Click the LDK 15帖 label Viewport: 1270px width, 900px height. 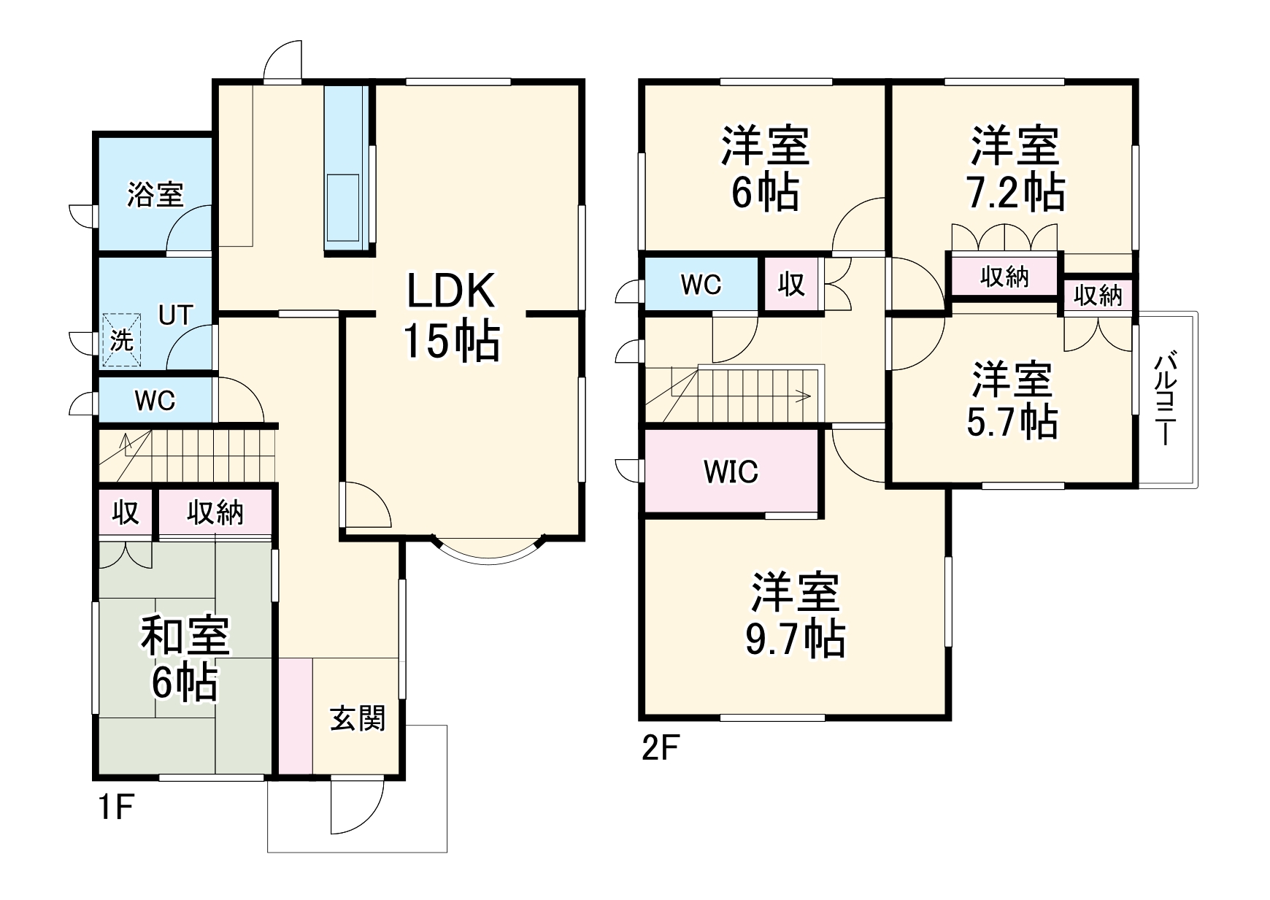452,315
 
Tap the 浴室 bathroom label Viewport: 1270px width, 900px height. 155,195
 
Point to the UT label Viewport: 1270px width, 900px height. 176,315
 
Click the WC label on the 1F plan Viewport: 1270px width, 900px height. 155,401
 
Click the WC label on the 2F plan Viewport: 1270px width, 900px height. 701,285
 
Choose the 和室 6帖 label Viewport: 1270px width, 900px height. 185,658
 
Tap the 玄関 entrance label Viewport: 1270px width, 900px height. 357,719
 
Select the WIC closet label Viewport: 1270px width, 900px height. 731,472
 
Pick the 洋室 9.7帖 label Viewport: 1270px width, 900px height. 795,615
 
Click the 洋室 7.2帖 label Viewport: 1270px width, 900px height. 1015,169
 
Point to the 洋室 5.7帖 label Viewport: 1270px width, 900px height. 1012,400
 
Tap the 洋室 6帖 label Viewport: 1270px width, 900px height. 765,169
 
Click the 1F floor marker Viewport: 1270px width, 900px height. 115,809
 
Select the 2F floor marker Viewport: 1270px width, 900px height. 661,749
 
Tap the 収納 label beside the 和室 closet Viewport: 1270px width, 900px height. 215,513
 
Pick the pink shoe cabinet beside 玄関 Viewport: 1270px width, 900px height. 296,716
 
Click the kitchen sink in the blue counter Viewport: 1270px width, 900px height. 342,209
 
